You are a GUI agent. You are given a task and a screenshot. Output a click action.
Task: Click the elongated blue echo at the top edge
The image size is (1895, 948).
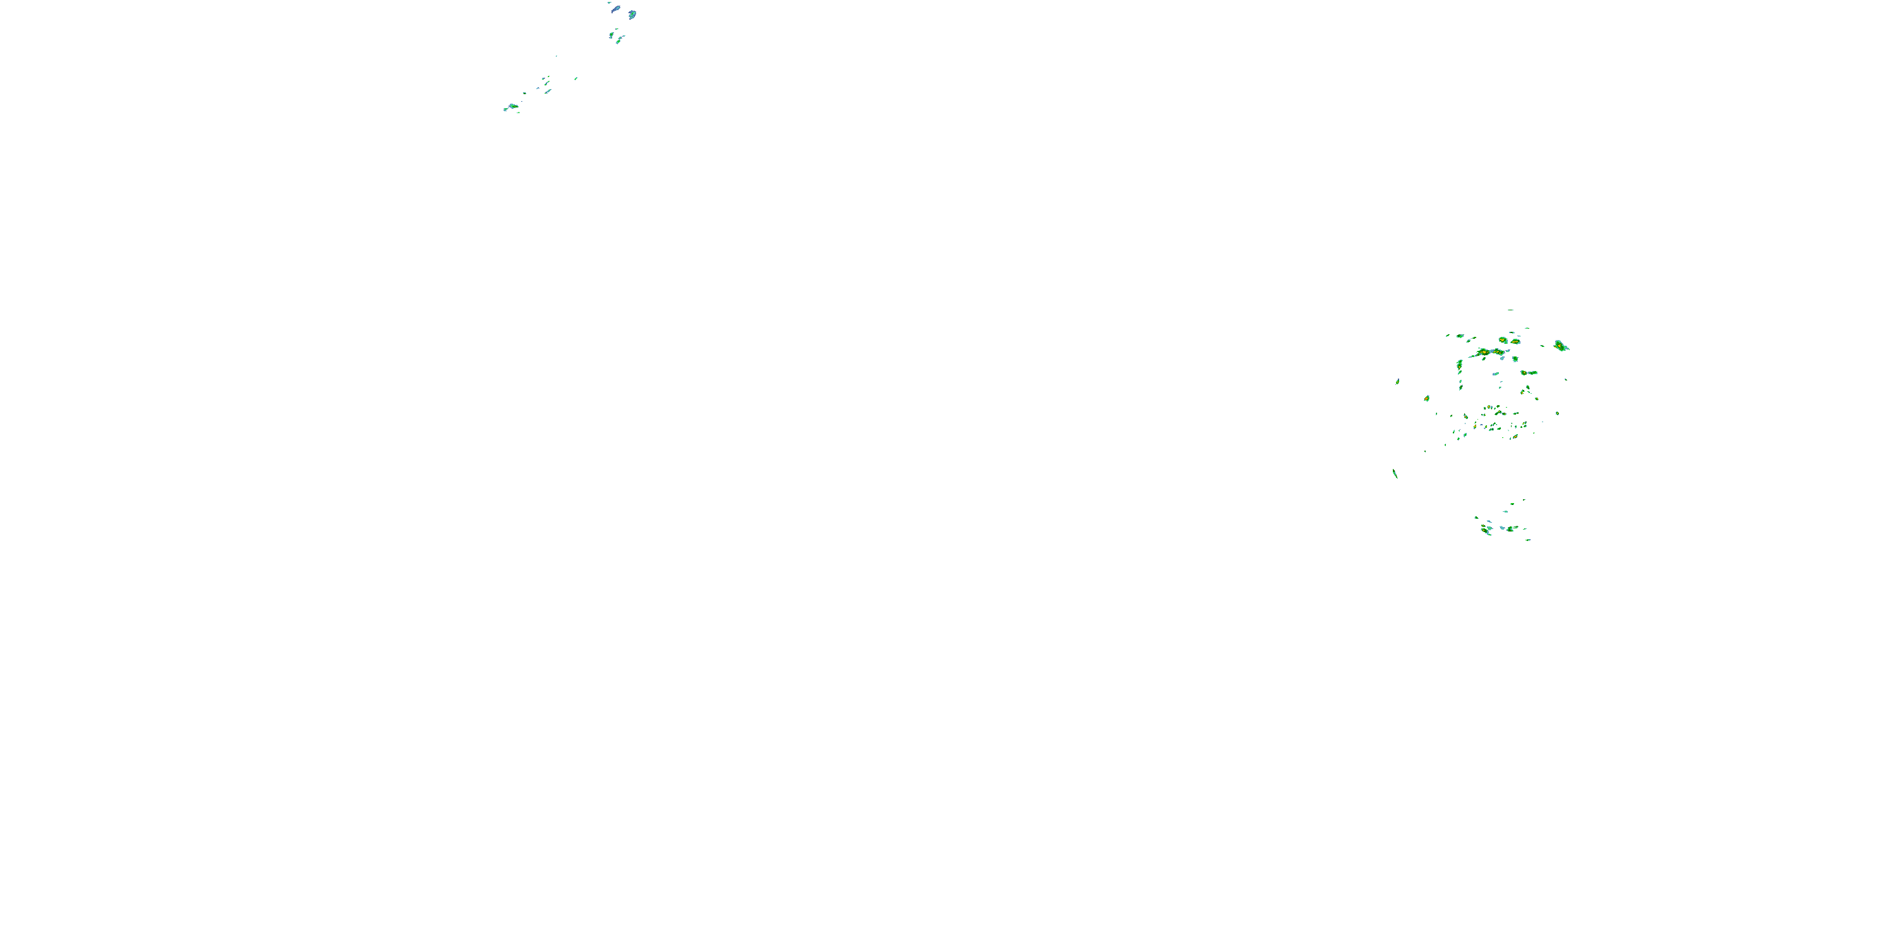tap(615, 9)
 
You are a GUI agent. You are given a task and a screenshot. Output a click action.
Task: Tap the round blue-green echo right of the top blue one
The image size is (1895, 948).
tap(632, 14)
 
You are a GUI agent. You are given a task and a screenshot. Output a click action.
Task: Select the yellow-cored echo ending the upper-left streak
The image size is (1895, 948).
tap(513, 107)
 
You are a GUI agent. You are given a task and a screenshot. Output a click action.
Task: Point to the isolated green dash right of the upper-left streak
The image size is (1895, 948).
tap(576, 78)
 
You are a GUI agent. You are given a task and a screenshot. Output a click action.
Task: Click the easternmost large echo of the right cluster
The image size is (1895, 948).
tap(1560, 345)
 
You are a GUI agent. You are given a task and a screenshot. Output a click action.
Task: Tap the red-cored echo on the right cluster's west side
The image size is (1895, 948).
tap(1426, 398)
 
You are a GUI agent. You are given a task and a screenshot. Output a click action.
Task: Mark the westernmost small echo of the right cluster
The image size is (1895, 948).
tap(1397, 381)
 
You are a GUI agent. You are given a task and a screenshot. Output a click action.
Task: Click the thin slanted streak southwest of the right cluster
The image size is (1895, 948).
tap(1395, 473)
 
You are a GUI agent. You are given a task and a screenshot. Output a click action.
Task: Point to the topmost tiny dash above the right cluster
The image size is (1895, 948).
tap(1510, 310)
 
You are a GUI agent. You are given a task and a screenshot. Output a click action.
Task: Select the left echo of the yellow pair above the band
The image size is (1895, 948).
tap(1503, 340)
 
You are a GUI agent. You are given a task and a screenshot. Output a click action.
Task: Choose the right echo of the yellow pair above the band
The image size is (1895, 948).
tap(1515, 341)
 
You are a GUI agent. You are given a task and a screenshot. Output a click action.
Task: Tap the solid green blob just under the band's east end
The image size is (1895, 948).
tap(1515, 358)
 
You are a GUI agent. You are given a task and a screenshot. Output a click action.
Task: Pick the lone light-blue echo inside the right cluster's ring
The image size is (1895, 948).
tap(1496, 374)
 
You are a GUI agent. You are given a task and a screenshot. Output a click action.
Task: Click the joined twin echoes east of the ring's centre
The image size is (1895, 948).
tap(1529, 372)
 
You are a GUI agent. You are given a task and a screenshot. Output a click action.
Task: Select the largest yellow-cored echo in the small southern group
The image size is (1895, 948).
tap(1487, 528)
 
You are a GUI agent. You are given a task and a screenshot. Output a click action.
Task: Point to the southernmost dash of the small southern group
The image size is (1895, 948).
tap(1528, 540)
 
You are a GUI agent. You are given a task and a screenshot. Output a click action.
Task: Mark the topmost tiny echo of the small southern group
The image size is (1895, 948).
tap(1524, 500)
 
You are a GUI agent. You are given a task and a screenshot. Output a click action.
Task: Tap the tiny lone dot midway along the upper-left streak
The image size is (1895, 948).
tap(556, 56)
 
